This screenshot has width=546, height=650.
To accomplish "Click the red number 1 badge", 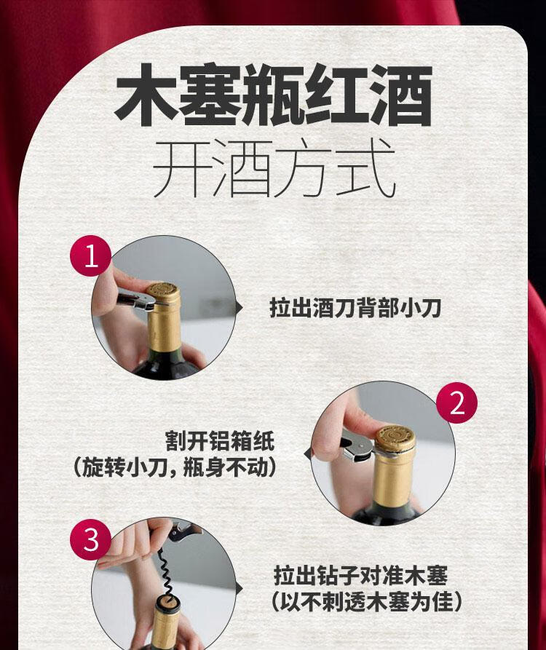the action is pyautogui.click(x=91, y=255).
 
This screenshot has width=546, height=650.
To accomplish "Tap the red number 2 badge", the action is pyautogui.click(x=457, y=403).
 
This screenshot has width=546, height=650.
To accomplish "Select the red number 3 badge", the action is pyautogui.click(x=91, y=539).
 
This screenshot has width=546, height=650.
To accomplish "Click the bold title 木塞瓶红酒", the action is pyautogui.click(x=274, y=95).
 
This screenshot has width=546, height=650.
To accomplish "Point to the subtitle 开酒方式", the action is pyautogui.click(x=274, y=168).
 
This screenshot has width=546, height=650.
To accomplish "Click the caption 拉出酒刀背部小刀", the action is pyautogui.click(x=355, y=308).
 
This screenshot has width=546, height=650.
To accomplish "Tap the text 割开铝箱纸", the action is pyautogui.click(x=220, y=440).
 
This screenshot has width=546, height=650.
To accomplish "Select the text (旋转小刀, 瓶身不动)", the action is pyautogui.click(x=175, y=467).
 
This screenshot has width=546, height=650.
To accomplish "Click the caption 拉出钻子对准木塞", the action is pyautogui.click(x=360, y=576).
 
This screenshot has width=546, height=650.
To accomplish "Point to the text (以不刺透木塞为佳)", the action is pyautogui.click(x=366, y=602).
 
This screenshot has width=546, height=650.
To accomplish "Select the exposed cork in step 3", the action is pyautogui.click(x=168, y=603).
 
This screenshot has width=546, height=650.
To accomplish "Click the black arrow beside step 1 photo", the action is pyautogui.click(x=240, y=308).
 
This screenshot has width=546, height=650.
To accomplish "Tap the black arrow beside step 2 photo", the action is pyautogui.click(x=308, y=455).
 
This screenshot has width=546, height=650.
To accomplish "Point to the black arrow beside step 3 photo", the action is pyautogui.click(x=240, y=589).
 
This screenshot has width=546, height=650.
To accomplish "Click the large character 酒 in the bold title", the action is pyautogui.click(x=401, y=95).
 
